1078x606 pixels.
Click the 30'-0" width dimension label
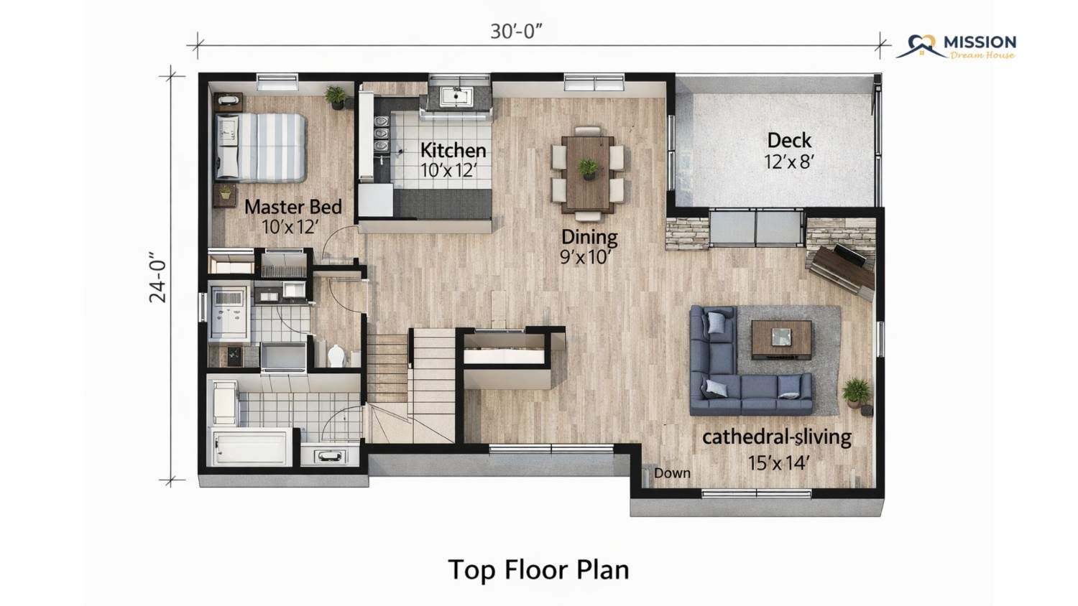pyautogui.click(x=516, y=32)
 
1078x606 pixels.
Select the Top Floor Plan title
pyautogui.click(x=538, y=570)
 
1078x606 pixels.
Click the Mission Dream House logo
pyautogui.click(x=957, y=47)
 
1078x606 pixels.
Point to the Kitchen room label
pyautogui.click(x=453, y=150)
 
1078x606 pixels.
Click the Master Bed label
pyautogui.click(x=293, y=207)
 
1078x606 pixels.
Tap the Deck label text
pyautogui.click(x=789, y=141)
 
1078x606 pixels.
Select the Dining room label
pyautogui.click(x=589, y=237)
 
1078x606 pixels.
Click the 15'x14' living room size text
pyautogui.click(x=777, y=462)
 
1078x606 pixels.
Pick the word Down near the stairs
pyautogui.click(x=672, y=473)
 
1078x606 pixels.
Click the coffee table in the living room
pyautogui.click(x=782, y=340)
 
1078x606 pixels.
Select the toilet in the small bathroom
pyautogui.click(x=337, y=355)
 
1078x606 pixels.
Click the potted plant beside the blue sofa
pyautogui.click(x=856, y=392)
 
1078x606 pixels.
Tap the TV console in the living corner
pyautogui.click(x=842, y=269)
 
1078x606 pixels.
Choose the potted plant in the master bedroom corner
pyautogui.click(x=336, y=98)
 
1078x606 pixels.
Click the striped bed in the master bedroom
pyautogui.click(x=260, y=147)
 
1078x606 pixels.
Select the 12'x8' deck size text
pyautogui.click(x=789, y=162)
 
